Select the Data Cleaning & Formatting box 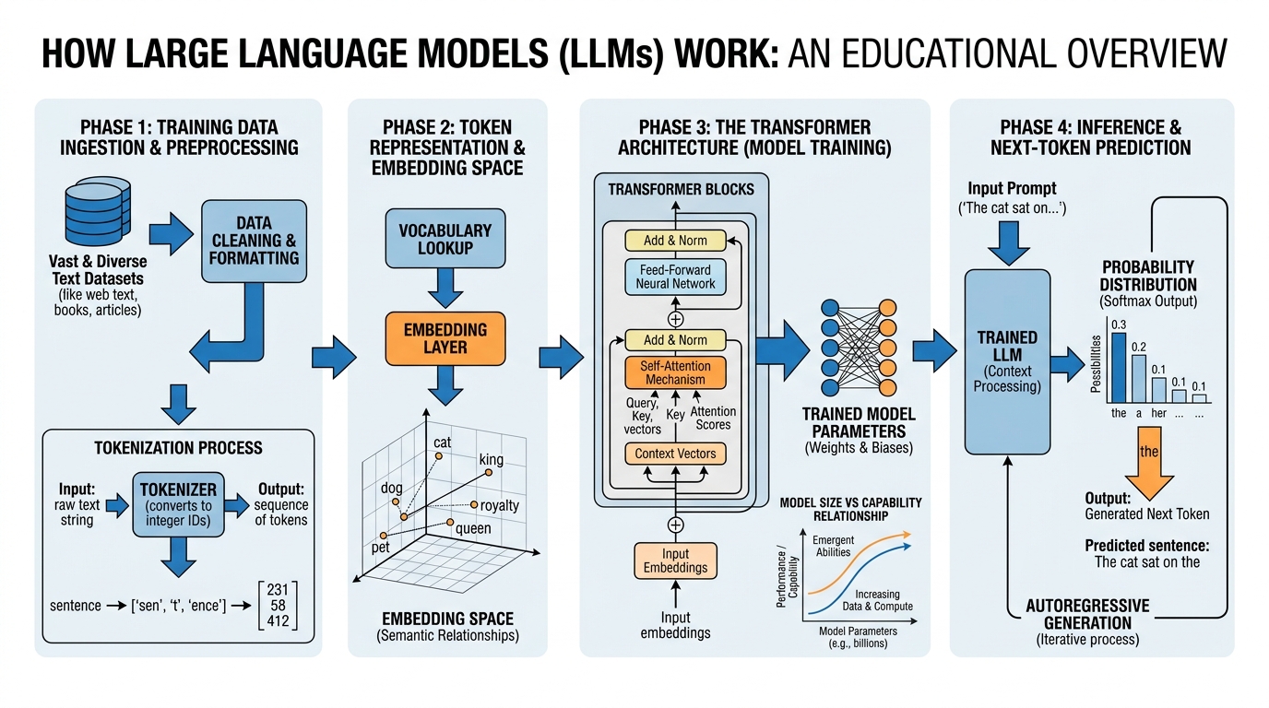pos(254,241)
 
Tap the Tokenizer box pos(178,505)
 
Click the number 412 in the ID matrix pos(278,620)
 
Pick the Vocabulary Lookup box pos(445,239)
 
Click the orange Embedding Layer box pos(445,337)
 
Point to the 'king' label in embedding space pos(492,459)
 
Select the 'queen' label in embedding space pos(474,528)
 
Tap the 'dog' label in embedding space pos(392,488)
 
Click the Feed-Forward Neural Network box pos(675,277)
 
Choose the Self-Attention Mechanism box pos(675,372)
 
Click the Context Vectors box pos(675,454)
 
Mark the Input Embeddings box pos(675,560)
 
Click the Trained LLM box pos(1007,362)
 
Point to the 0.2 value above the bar pos(1139,348)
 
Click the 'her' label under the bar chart pos(1158,413)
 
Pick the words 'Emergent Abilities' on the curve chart pos(834,546)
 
